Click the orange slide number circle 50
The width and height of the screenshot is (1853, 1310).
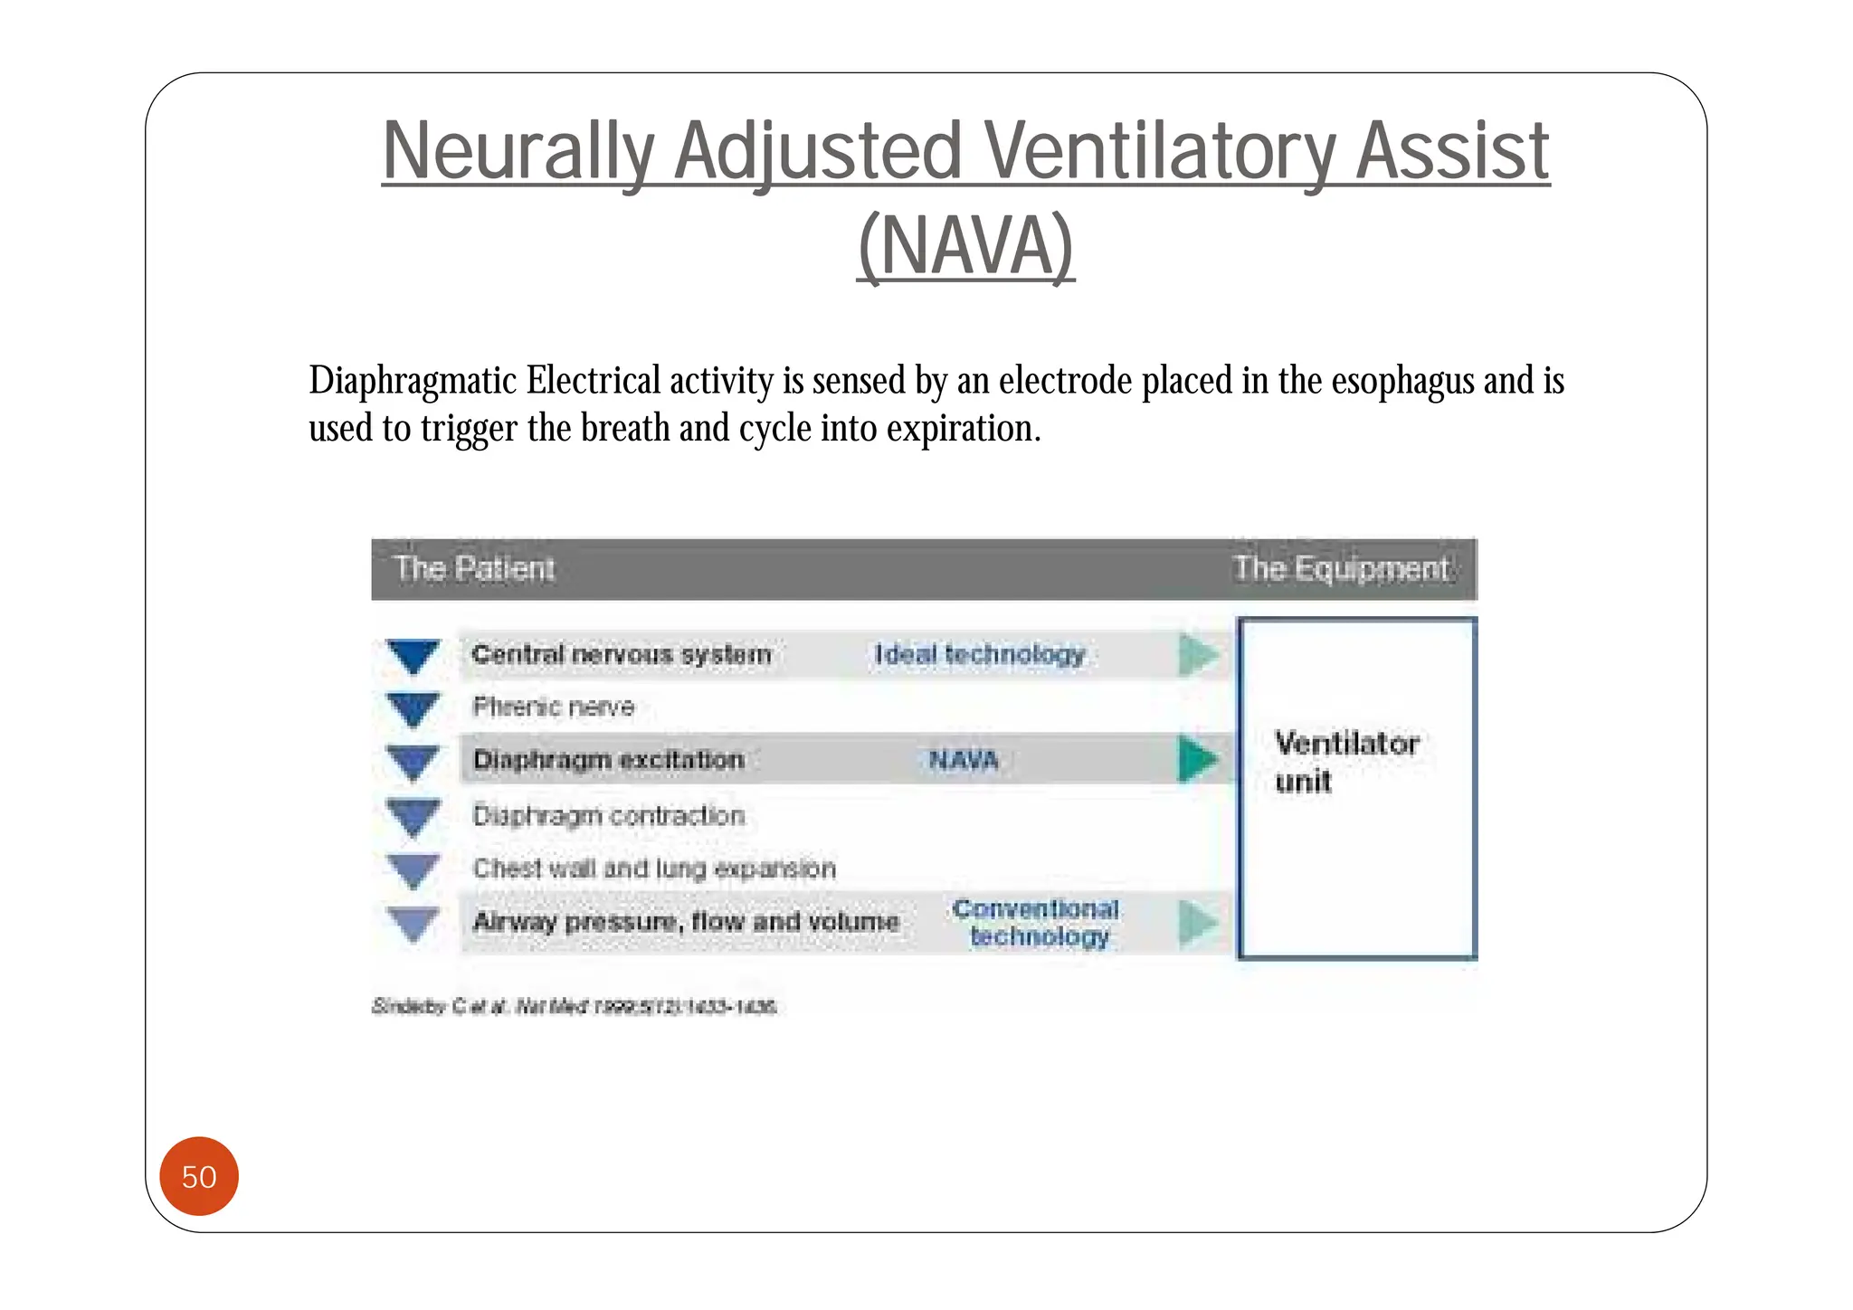coord(198,1176)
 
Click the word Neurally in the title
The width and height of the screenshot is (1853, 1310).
coord(517,152)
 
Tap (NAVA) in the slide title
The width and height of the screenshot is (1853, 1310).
coord(965,246)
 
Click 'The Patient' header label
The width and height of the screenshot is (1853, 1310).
coord(474,569)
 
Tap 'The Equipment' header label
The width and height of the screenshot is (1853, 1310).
coord(1341,569)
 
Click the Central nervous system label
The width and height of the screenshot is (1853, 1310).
coord(622,654)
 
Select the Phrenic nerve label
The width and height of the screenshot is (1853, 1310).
coord(553,707)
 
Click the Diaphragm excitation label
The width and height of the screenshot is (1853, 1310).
coord(608,760)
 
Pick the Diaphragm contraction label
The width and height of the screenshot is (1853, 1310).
coord(608,815)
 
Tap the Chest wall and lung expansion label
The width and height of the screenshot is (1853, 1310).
coord(653,869)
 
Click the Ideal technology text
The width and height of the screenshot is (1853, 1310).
coord(979,654)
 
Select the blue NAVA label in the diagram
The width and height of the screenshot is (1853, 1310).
coord(964,760)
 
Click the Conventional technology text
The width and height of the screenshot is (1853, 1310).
coord(1037,923)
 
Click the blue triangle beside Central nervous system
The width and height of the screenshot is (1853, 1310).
coord(413,655)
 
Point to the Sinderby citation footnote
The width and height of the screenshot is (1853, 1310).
coord(575,1007)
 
